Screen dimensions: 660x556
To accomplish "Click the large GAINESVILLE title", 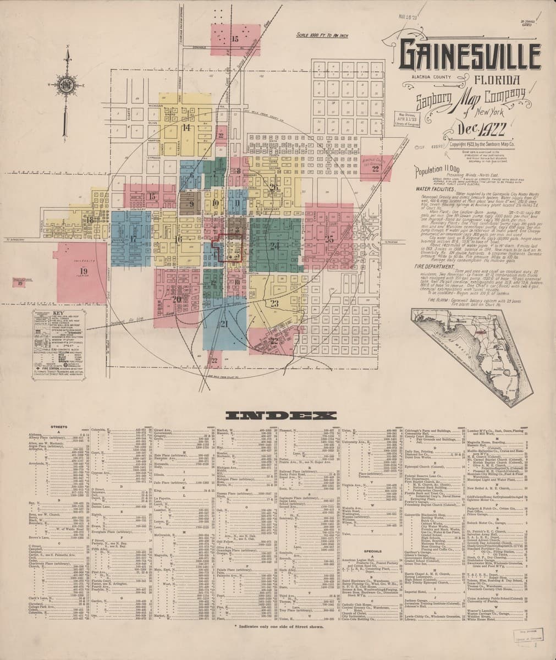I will coord(470,56).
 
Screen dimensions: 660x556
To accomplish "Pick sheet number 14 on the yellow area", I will coord(187,127).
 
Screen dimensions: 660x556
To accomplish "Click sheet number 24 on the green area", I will coord(275,245).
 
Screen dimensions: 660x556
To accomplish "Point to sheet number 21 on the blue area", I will coord(223,323).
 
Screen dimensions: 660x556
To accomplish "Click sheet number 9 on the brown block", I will coord(192,204).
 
